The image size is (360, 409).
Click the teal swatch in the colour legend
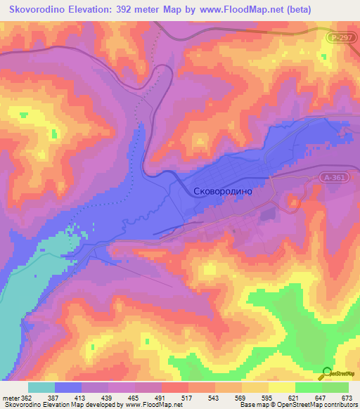point(41,387)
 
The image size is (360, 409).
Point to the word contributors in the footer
point(340,405)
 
